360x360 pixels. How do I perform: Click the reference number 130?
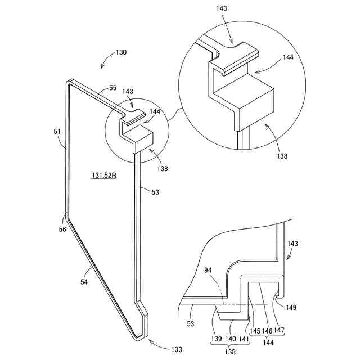pyautogui.click(x=121, y=52)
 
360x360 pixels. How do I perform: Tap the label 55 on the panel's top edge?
pyautogui.click(x=112, y=88)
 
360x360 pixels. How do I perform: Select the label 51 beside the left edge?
pyautogui.click(x=57, y=132)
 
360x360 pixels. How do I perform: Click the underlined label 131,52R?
pyautogui.click(x=103, y=175)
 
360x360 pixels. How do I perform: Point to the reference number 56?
pyautogui.click(x=62, y=229)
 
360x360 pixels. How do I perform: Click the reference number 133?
pyautogui.click(x=177, y=349)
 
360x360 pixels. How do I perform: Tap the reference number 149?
pyautogui.click(x=291, y=308)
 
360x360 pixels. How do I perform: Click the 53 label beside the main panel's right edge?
pyautogui.click(x=155, y=192)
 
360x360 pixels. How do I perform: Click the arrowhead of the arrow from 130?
pyautogui.click(x=101, y=68)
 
